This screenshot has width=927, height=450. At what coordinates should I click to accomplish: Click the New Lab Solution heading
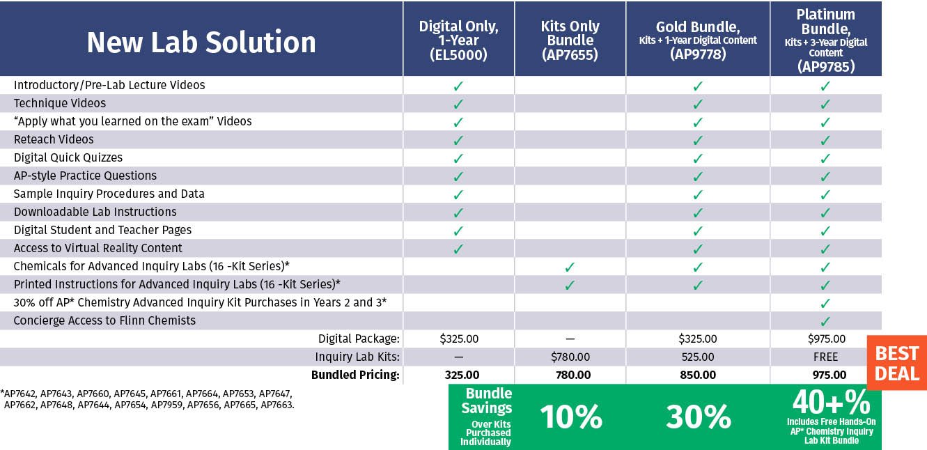201,42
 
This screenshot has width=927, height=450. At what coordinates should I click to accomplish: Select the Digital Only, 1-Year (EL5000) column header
458,40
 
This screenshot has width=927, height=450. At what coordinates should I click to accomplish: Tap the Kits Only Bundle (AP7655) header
570,40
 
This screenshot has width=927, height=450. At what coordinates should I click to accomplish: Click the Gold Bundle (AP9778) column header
698,40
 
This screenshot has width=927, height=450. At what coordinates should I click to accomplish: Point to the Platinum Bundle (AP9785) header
825,40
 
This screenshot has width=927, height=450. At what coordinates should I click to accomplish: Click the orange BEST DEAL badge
897,363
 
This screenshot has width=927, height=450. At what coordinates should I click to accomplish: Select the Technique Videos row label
60,103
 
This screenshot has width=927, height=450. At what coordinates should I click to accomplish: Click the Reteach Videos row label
54,139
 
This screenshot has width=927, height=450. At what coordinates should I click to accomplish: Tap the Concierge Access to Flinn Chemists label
104,320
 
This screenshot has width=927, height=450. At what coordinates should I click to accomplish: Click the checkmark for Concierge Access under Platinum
825,321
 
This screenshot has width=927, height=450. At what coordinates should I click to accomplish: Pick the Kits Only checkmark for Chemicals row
570,267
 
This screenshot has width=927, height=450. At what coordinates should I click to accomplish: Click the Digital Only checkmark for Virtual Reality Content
458,249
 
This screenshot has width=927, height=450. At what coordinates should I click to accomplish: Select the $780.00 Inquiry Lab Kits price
570,357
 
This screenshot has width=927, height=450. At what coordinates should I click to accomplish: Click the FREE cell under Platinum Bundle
825,357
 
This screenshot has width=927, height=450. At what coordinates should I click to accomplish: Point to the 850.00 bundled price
698,375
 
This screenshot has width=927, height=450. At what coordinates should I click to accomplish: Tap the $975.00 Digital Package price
827,339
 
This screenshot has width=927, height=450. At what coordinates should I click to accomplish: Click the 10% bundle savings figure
571,417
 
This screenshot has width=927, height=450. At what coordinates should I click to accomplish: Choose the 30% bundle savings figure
699,417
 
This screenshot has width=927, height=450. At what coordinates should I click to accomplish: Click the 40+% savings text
832,402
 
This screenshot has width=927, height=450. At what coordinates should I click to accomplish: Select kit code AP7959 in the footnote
166,405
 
